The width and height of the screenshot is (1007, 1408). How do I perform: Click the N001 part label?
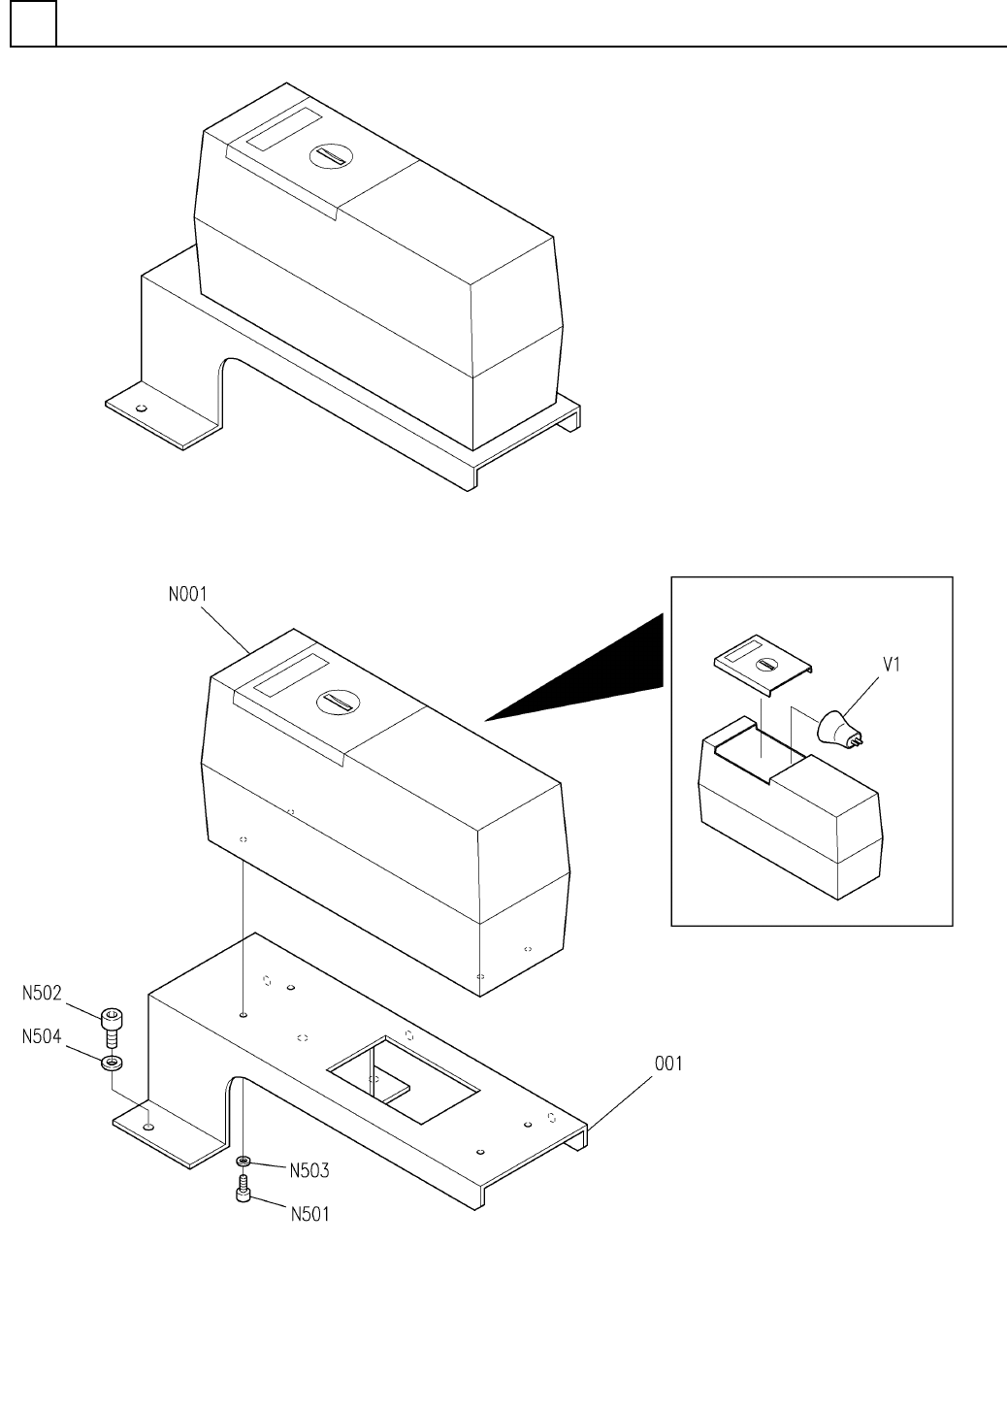pyautogui.click(x=187, y=594)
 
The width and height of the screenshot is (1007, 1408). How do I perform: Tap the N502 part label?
pyautogui.click(x=43, y=993)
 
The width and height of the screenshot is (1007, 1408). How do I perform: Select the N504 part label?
pyautogui.click(x=43, y=1037)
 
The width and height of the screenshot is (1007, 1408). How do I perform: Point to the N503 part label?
pyautogui.click(x=309, y=1170)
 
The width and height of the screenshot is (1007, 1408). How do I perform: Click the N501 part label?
pyautogui.click(x=309, y=1213)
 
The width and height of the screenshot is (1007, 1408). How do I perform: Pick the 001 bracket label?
pyautogui.click(x=667, y=1064)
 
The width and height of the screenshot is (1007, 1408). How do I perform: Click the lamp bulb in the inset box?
pyautogui.click(x=839, y=728)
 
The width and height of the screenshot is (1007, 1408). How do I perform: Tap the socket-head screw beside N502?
pyautogui.click(x=112, y=1025)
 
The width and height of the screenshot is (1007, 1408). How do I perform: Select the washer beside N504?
pyautogui.click(x=113, y=1062)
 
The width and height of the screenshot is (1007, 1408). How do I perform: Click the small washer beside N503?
pyautogui.click(x=244, y=1161)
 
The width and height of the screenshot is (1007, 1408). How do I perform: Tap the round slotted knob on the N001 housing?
pyautogui.click(x=337, y=703)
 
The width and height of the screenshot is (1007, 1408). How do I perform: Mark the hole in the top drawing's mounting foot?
pyautogui.click(x=142, y=409)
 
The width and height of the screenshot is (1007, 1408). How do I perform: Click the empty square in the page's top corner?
pyautogui.click(x=33, y=24)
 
